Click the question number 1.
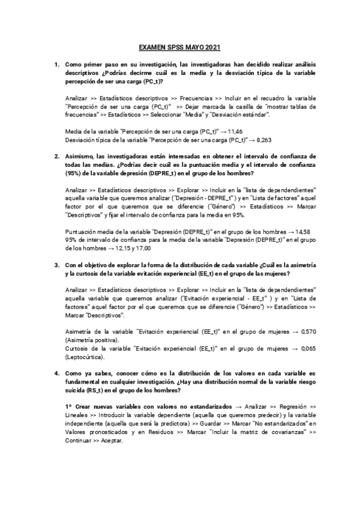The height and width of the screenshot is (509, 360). click(56, 64)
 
